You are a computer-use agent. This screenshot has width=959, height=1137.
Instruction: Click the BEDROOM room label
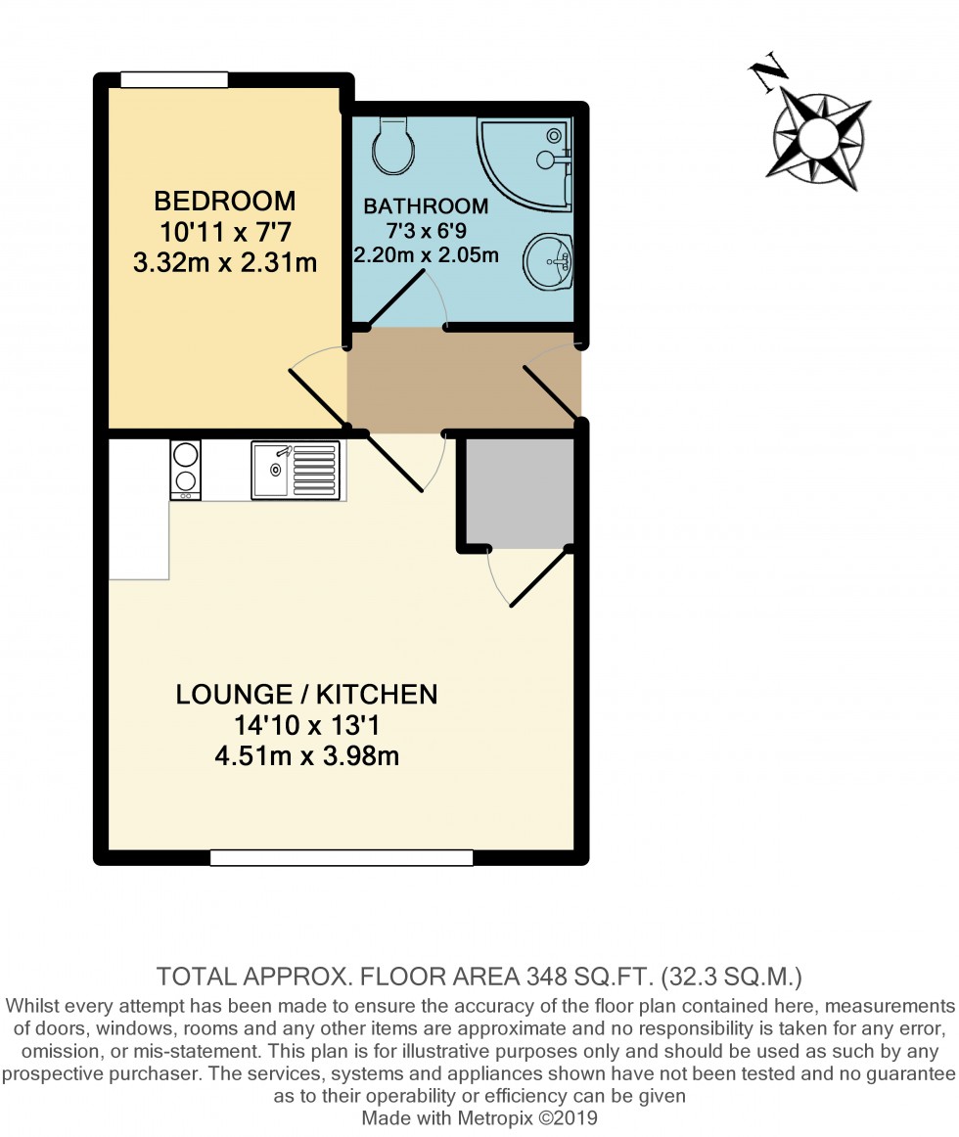225,202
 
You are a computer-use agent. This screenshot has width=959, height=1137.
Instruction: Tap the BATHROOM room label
426,206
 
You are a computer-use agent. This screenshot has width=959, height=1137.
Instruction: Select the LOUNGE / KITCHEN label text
306,695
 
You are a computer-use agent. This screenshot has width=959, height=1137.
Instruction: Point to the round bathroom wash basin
549,261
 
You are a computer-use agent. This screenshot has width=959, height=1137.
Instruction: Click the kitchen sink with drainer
296,471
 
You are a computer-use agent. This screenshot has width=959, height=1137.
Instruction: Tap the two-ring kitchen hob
186,470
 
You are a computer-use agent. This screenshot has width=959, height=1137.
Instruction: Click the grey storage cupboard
519,492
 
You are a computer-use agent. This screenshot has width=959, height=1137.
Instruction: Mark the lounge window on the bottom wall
342,858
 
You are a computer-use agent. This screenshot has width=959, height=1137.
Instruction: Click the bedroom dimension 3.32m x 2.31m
225,262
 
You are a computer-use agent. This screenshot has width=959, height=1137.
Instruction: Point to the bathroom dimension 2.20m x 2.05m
426,256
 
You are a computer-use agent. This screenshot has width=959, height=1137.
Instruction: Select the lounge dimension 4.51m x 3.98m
306,755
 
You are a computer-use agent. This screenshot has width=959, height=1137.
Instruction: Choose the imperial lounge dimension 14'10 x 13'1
306,725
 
